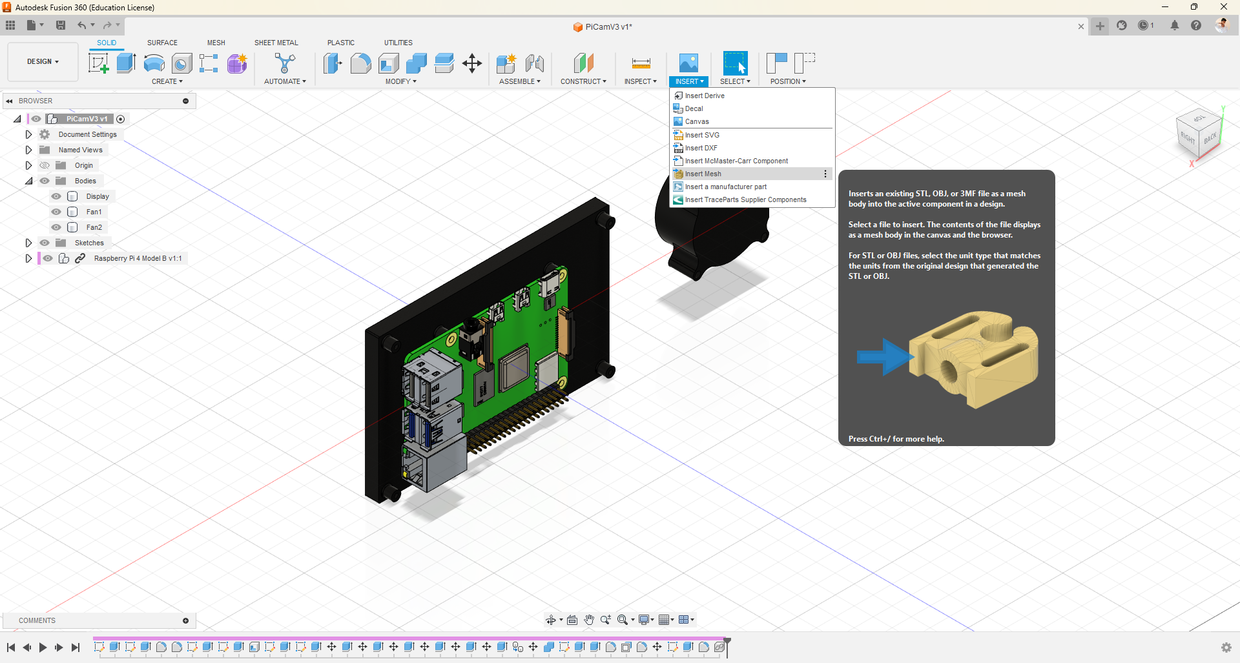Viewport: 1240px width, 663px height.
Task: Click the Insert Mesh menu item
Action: (x=703, y=174)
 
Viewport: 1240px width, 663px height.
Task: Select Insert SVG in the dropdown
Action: (x=701, y=135)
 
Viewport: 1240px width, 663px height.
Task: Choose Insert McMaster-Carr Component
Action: (x=736, y=161)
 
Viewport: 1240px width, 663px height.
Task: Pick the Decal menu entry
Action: (x=694, y=108)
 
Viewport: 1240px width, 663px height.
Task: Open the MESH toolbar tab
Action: (x=216, y=43)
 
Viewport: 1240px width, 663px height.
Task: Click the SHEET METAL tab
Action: (x=276, y=43)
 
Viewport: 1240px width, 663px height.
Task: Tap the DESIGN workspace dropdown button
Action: (x=43, y=62)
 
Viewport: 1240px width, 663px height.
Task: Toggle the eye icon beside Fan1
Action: (x=56, y=212)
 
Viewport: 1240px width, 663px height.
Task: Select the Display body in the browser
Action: (x=98, y=196)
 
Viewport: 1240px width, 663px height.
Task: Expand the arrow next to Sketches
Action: (x=28, y=243)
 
